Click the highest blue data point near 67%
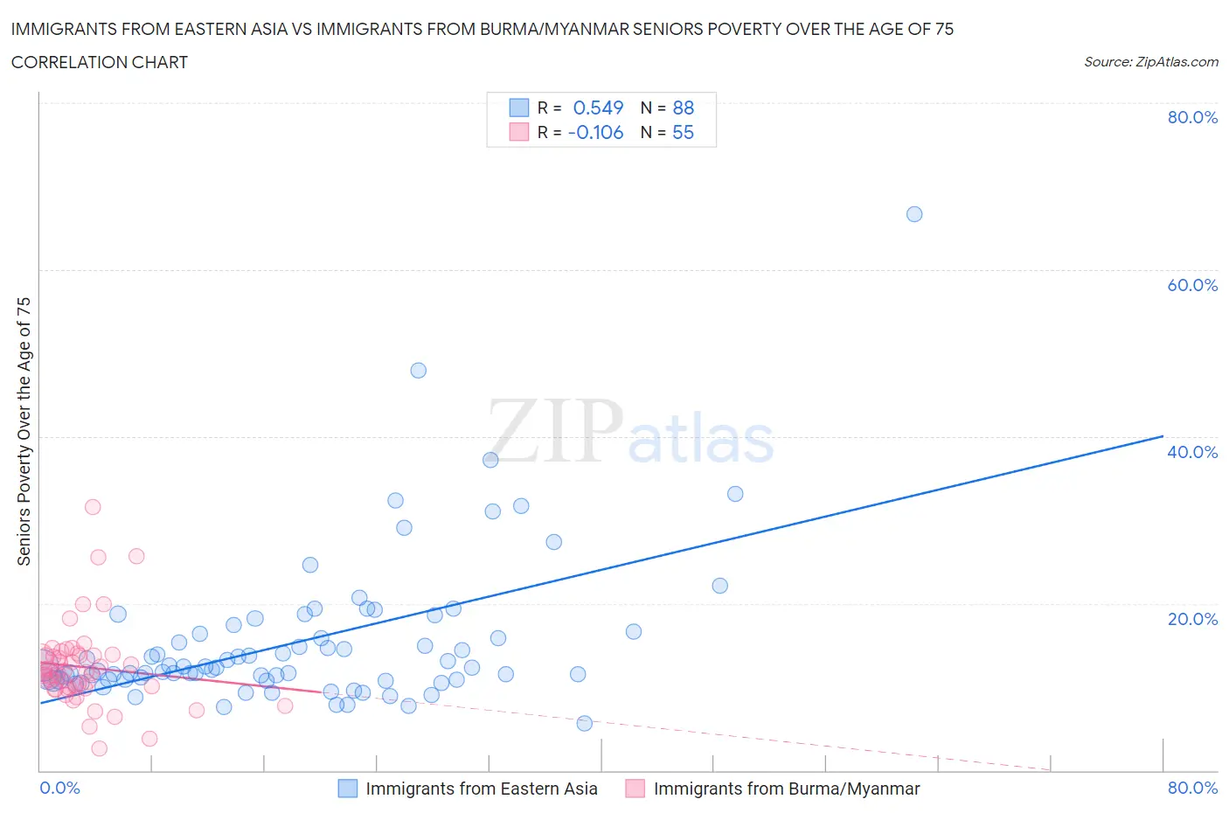914,214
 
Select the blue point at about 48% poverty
419,371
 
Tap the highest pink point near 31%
93,507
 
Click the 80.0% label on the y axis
1192,117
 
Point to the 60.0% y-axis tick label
1192,285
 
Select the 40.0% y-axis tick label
1192,452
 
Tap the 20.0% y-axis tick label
1192,619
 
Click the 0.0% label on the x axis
60,788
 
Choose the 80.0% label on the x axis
1192,788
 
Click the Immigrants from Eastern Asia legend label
482,789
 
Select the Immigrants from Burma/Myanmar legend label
787,789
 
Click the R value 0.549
598,108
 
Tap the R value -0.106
595,132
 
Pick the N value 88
684,108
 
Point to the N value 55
684,132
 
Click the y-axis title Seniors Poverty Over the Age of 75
24,431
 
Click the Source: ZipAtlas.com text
1151,61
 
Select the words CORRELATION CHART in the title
100,62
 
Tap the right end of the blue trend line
1163,436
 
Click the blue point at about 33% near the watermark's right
735,494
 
